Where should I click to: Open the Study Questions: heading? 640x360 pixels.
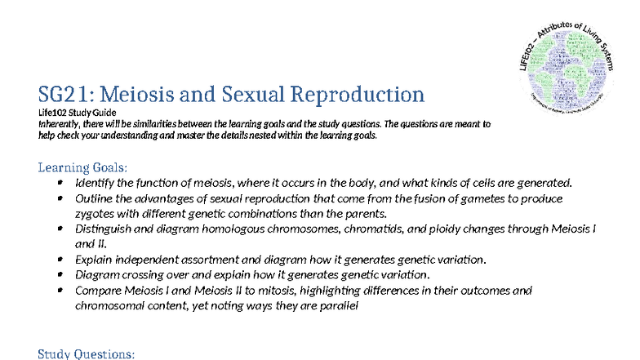pos(87,353)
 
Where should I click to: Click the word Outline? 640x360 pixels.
pos(94,198)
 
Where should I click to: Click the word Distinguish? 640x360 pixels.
pos(104,229)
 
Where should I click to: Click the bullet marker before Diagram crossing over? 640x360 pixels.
pos(60,274)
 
